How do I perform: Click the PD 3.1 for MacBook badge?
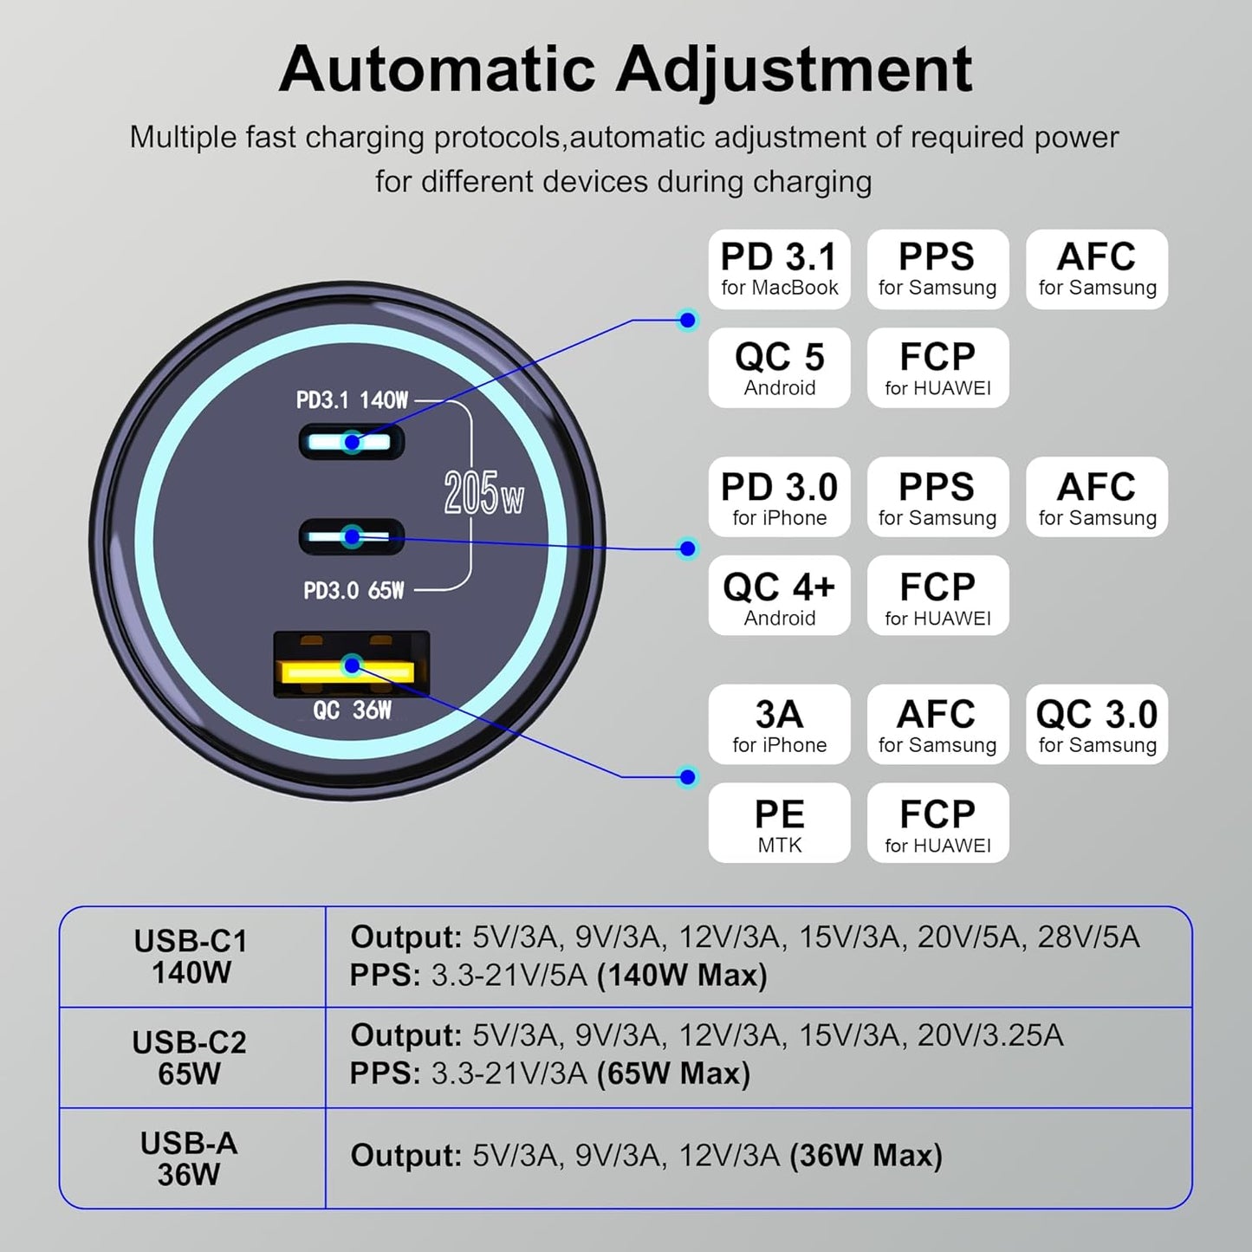(779, 269)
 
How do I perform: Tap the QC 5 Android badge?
(779, 368)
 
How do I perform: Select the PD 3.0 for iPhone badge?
(779, 497)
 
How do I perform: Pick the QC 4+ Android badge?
(779, 596)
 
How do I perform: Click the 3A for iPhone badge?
(779, 724)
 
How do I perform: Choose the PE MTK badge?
(779, 823)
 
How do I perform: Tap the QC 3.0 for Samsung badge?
(1097, 724)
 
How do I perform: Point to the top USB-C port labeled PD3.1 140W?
(352, 443)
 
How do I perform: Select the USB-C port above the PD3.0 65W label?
(352, 537)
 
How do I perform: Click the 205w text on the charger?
(483, 494)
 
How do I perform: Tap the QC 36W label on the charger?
(352, 710)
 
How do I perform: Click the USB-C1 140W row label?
(191, 957)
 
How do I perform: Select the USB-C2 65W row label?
(190, 1057)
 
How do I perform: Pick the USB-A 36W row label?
(189, 1158)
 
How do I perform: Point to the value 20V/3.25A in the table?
(989, 1035)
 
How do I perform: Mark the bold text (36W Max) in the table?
(866, 1156)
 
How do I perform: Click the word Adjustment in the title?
(795, 69)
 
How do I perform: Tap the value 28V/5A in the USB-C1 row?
(1089, 937)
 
